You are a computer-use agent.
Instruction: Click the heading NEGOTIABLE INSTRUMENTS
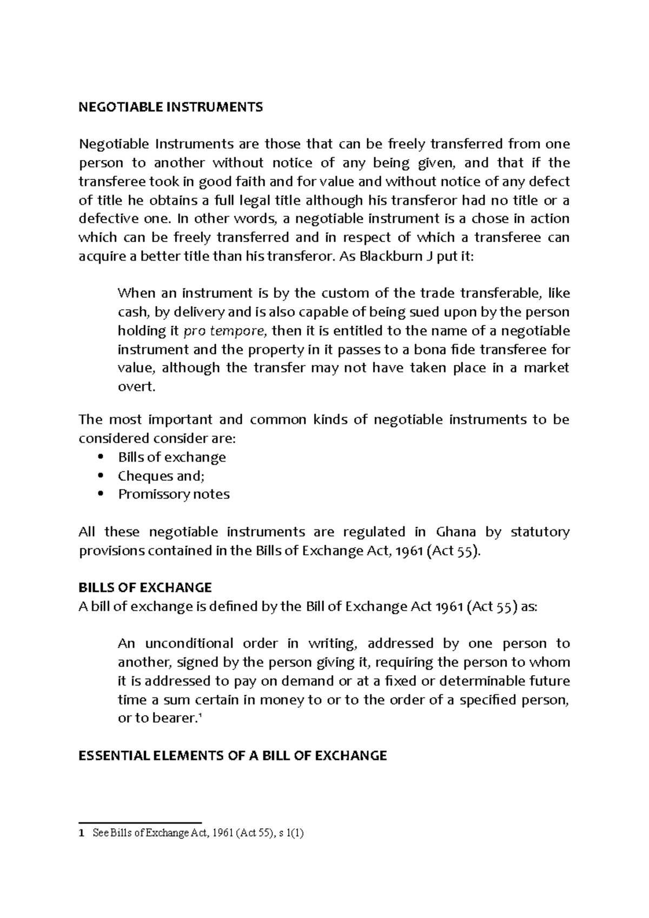click(x=170, y=107)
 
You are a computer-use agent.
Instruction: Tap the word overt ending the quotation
click(x=136, y=387)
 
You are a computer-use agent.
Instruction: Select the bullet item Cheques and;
click(x=161, y=476)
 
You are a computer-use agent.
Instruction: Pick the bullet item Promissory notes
click(x=174, y=494)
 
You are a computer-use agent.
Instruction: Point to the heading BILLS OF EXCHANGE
click(x=145, y=588)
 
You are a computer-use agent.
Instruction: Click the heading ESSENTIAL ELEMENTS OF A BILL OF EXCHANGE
click(x=233, y=756)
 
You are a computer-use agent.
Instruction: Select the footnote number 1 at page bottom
click(x=81, y=849)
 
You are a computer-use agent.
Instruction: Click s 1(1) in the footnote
click(x=292, y=849)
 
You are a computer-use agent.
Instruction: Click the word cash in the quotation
click(x=132, y=312)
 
